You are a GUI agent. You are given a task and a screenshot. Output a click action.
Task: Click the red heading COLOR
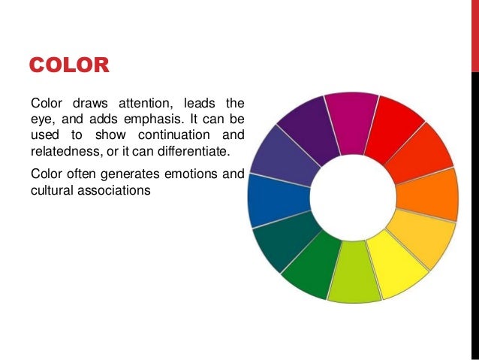click(x=69, y=65)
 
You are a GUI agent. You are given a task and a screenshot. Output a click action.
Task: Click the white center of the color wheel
click(x=352, y=197)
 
